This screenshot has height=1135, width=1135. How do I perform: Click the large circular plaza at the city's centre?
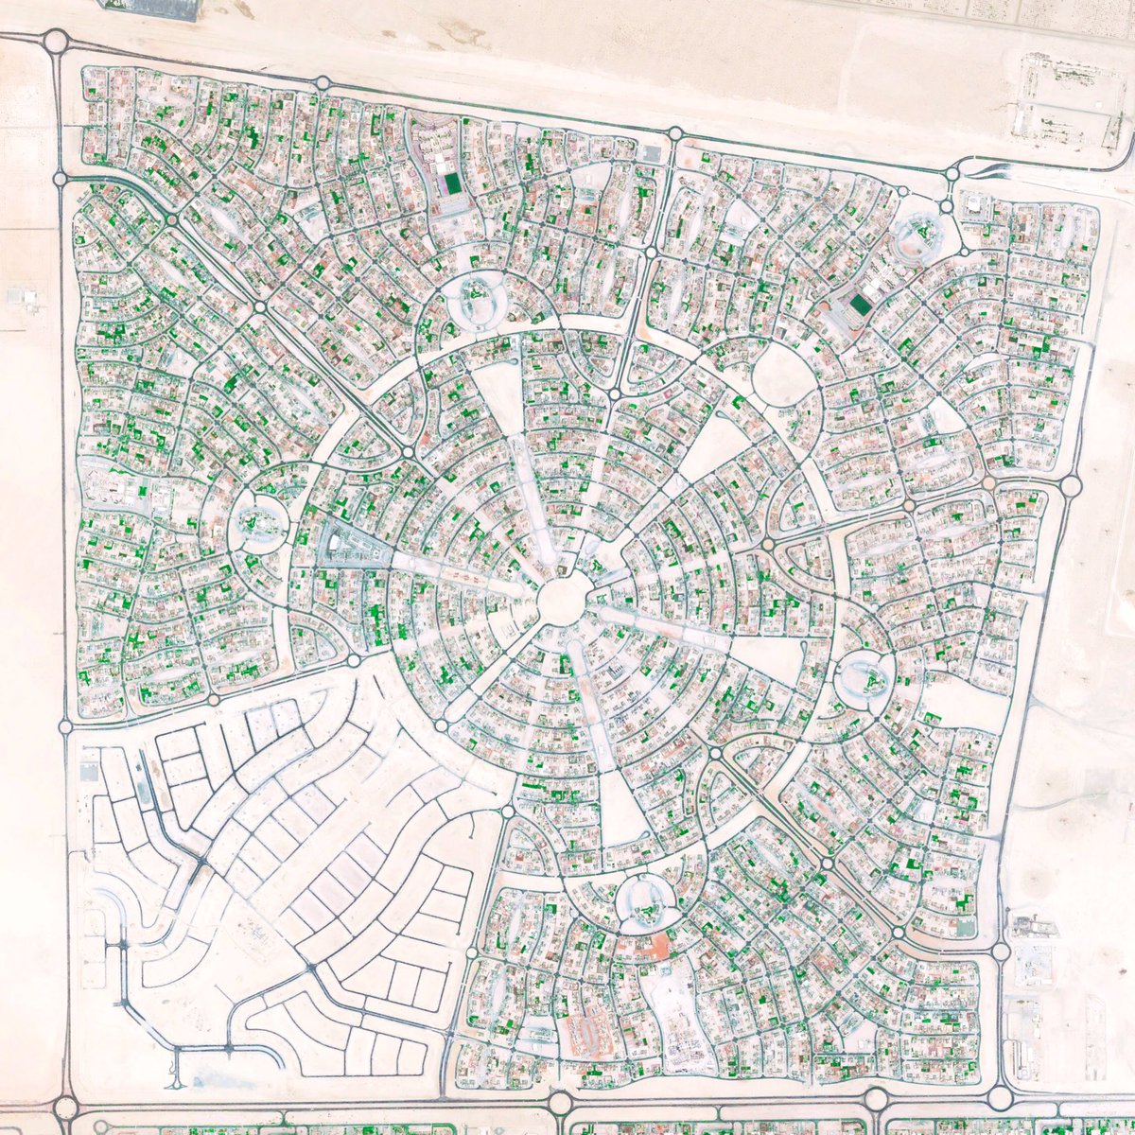click(567, 601)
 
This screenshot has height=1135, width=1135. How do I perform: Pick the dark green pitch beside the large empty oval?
click(860, 305)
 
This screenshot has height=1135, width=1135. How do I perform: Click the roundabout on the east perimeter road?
click(1071, 486)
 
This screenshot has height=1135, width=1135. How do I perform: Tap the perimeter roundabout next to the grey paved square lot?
click(675, 134)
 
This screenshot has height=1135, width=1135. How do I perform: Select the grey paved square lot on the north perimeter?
click(650, 152)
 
